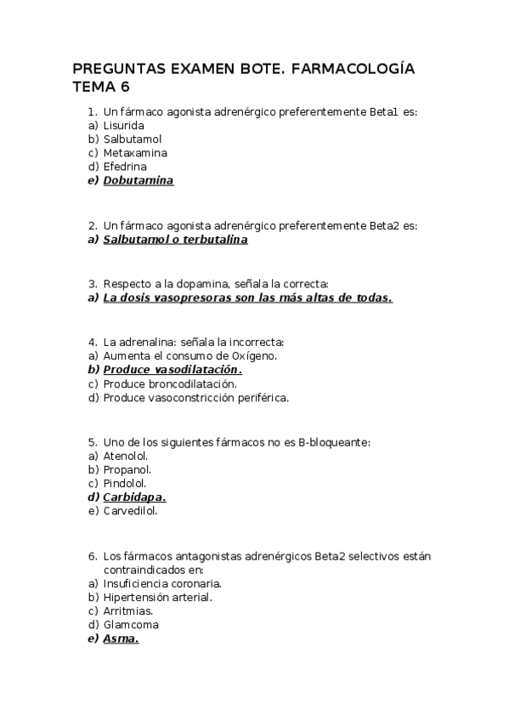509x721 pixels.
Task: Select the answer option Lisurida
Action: click(x=123, y=125)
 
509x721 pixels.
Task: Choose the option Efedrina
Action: click(x=124, y=167)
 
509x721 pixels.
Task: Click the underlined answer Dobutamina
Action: click(x=138, y=180)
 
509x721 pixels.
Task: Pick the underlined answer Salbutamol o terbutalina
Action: click(x=175, y=240)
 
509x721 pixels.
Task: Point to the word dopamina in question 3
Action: click(x=197, y=284)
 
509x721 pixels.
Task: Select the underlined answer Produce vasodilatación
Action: click(x=172, y=370)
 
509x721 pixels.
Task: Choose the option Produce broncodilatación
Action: click(x=169, y=383)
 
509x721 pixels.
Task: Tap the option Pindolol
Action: click(x=124, y=483)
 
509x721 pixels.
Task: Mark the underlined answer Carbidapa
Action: click(x=134, y=497)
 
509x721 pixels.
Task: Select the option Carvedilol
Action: click(x=130, y=511)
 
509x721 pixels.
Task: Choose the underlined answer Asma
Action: click(x=121, y=639)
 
